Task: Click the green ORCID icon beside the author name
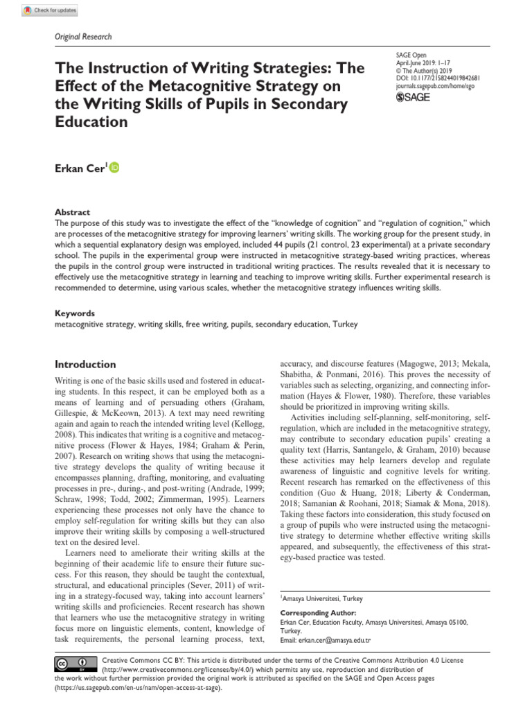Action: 114,167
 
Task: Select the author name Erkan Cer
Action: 79,168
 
